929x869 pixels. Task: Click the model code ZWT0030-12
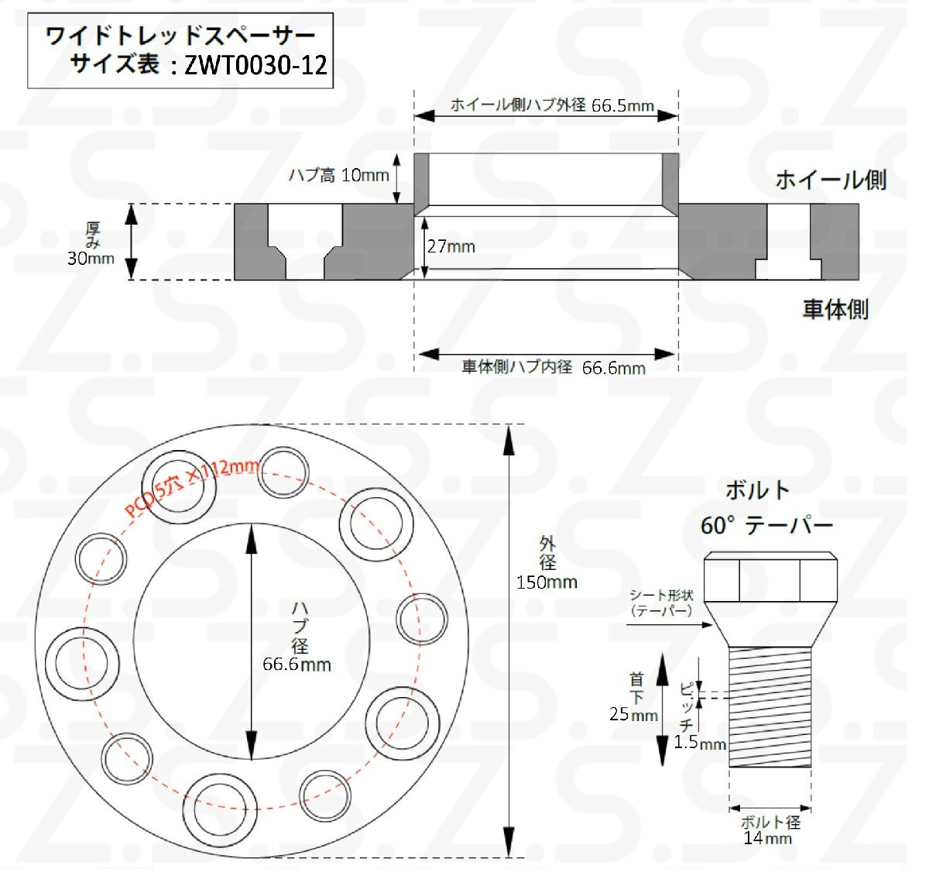(x=255, y=64)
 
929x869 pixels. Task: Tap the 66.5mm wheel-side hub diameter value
(x=622, y=106)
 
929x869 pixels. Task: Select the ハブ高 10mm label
(x=338, y=175)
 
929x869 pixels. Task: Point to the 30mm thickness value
(x=91, y=259)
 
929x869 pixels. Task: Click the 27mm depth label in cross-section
(x=451, y=246)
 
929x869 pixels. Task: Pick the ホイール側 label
(x=831, y=180)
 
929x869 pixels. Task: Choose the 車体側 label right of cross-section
(x=835, y=309)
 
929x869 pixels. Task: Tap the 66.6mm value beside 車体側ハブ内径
(x=614, y=368)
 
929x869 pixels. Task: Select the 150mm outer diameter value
(x=547, y=582)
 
